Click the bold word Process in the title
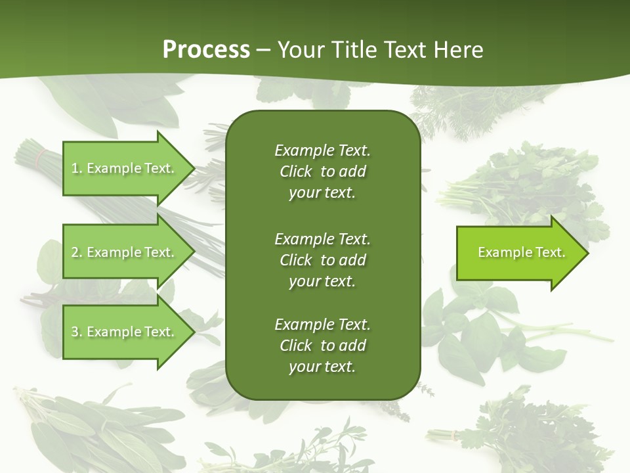point(206,49)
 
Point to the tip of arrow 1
point(194,168)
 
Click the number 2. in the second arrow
point(77,252)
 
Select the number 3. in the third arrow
point(77,332)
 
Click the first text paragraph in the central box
point(322,171)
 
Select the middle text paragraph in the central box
point(322,259)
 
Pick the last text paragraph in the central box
point(322,346)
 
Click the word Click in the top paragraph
point(295,171)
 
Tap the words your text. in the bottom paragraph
point(322,367)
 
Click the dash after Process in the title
point(263,50)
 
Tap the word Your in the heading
point(301,49)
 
